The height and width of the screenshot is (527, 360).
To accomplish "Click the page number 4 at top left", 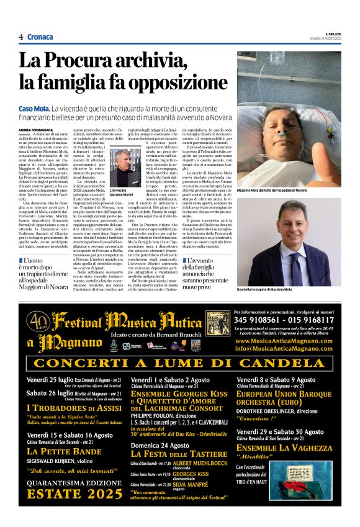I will click(21, 37).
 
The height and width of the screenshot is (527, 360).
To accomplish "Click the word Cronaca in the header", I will click(40, 37).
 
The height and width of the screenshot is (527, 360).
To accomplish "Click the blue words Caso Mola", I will click(35, 109).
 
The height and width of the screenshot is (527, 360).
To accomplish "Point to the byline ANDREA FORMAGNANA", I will click(39, 130).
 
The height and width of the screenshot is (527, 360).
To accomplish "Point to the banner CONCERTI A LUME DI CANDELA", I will click(180, 363).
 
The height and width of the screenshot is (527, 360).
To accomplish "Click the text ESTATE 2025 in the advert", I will click(74, 495).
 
